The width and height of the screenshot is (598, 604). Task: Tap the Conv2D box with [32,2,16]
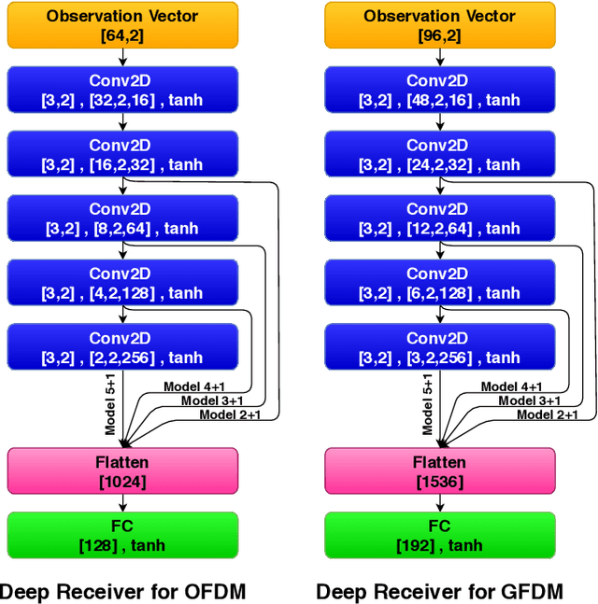tap(122, 90)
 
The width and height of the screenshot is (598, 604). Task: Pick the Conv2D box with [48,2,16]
tap(439, 90)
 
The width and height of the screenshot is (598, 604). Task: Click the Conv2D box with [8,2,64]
tap(122, 218)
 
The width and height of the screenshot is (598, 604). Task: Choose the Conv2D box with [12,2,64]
tap(439, 218)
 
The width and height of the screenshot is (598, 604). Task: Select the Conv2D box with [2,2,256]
tap(122, 347)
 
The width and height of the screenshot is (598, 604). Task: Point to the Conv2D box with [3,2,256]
tap(439, 347)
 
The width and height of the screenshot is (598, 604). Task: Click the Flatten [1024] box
tap(122, 471)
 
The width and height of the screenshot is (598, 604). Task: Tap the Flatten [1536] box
tap(439, 471)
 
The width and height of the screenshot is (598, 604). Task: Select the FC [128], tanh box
tap(122, 535)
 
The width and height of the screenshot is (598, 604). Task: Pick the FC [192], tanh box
tap(439, 535)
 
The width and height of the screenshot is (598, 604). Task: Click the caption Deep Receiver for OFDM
tap(122, 591)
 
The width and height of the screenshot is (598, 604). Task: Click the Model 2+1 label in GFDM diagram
tap(548, 414)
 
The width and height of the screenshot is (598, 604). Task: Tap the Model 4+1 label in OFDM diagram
tap(194, 386)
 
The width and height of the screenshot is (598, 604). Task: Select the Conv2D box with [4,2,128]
tap(122, 283)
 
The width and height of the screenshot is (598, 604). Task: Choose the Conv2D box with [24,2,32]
tap(439, 154)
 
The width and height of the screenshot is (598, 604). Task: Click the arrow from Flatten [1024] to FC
tap(122, 502)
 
